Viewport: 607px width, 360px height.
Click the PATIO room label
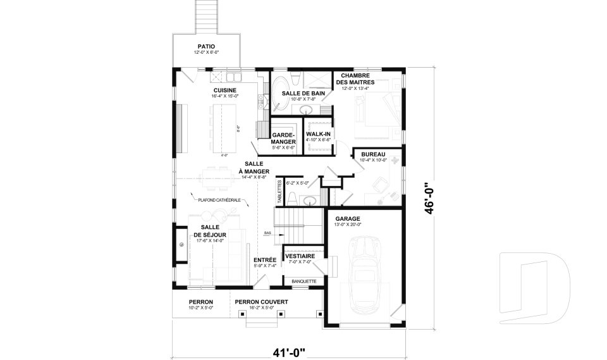(x=205, y=46)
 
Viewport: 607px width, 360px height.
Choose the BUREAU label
(x=373, y=154)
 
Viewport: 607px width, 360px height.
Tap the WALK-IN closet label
(x=317, y=134)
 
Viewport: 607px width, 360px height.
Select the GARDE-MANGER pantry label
(x=283, y=139)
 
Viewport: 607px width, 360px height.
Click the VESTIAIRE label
(x=301, y=256)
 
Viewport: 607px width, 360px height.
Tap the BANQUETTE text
(x=303, y=281)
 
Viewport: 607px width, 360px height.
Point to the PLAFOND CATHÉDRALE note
(x=219, y=200)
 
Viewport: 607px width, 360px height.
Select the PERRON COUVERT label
(x=261, y=302)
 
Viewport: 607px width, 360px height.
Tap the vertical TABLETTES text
(x=279, y=191)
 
